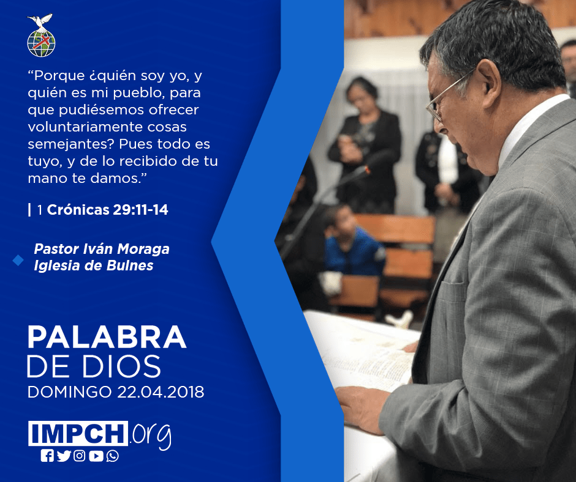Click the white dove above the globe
tap(40, 21)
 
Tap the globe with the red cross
tap(41, 43)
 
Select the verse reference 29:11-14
tap(140, 209)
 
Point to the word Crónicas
tap(78, 209)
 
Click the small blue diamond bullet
tap(18, 261)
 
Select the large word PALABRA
tap(107, 337)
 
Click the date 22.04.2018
tap(161, 392)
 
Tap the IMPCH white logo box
tap(78, 433)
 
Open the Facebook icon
tap(47, 456)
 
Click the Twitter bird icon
tap(64, 456)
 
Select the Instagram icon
tap(80, 456)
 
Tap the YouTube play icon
tap(96, 456)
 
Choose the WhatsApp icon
tap(112, 456)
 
